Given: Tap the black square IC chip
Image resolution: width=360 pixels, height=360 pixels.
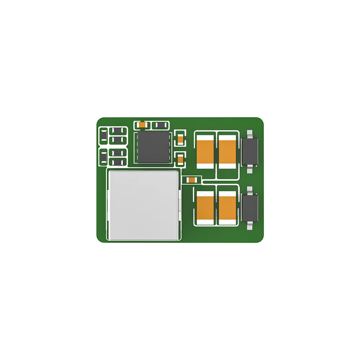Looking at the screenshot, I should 153,147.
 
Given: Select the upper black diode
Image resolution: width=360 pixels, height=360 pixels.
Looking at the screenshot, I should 250,151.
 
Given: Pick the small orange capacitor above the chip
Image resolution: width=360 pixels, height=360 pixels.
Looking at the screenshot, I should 143,125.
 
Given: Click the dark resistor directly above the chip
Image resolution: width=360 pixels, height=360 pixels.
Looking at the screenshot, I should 159,125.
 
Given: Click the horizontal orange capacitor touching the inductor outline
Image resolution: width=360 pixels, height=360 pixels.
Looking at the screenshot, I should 192,180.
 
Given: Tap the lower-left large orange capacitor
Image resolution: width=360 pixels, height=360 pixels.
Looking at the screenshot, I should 206,208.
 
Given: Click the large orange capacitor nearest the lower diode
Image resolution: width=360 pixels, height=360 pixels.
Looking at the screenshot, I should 227,208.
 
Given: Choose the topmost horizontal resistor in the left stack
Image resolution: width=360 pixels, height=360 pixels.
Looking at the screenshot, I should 117,131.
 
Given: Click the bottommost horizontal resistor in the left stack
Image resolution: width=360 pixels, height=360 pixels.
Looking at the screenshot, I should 117,162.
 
